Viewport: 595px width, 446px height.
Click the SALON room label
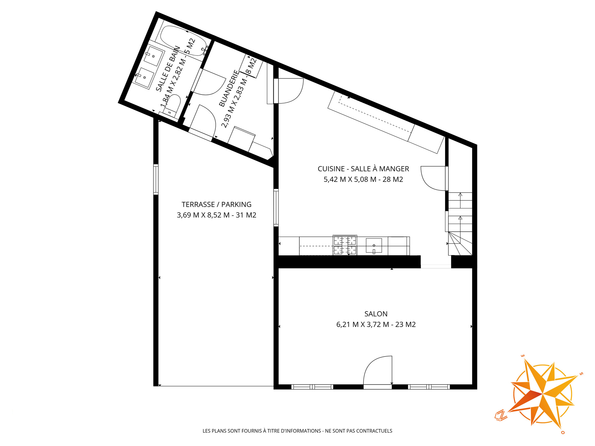[x=376, y=314]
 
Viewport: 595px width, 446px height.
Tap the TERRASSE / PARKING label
[x=216, y=204]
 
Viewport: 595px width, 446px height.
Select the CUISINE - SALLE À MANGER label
[x=363, y=169]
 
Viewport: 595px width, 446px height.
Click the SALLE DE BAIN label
[x=168, y=69]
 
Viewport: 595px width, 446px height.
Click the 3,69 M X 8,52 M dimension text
[x=203, y=215]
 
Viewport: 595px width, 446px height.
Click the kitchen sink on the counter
[x=374, y=246]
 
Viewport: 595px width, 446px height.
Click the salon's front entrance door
[x=378, y=372]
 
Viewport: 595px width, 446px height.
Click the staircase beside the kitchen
[x=460, y=224]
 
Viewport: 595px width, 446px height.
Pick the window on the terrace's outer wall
[x=156, y=180]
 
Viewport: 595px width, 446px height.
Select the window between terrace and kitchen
[x=276, y=208]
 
